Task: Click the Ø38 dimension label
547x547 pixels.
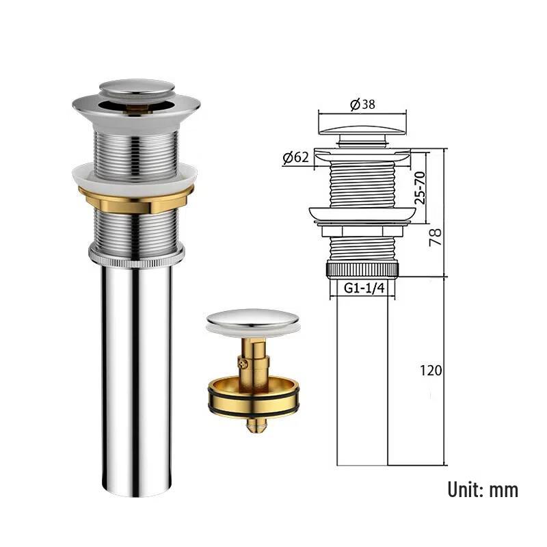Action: (362, 105)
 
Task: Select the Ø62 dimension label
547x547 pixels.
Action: (296, 158)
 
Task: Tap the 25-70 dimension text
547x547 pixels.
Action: (420, 187)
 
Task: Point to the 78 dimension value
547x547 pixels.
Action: (435, 237)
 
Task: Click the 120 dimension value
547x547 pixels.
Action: (431, 371)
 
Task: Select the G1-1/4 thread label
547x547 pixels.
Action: (364, 288)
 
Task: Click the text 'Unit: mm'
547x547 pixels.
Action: (483, 490)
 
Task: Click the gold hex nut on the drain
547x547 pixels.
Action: (136, 200)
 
